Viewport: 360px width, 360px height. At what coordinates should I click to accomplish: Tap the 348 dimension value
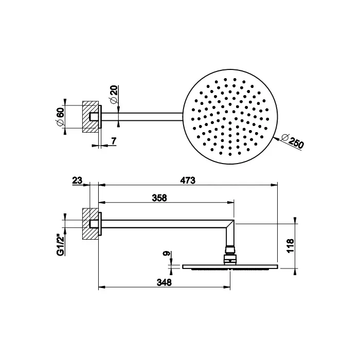[164, 282]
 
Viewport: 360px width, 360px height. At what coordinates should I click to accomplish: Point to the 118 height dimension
[290, 245]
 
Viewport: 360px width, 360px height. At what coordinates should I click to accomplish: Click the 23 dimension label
[77, 180]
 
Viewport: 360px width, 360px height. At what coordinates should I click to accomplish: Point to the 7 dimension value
[114, 140]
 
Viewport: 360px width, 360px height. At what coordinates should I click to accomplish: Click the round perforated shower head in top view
[230, 117]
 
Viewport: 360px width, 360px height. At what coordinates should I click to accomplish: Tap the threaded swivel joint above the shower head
[230, 253]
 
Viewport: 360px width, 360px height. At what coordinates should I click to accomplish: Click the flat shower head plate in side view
[230, 266]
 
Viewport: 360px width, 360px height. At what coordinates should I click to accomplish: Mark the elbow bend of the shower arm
[231, 226]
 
